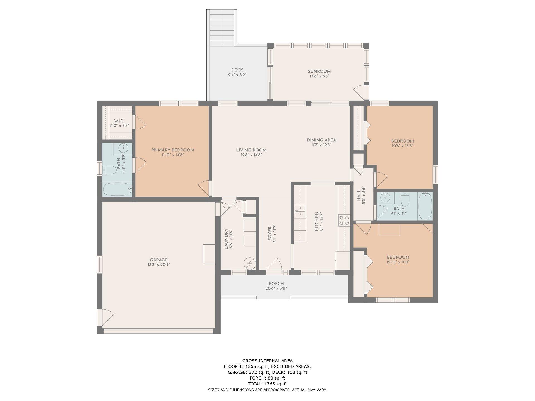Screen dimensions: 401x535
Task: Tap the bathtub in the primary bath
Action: click(117, 189)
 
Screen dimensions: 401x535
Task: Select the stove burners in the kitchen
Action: click(344, 220)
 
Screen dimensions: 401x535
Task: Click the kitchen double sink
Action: click(300, 211)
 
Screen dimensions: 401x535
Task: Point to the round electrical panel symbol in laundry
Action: click(249, 263)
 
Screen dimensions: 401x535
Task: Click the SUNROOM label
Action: click(319, 71)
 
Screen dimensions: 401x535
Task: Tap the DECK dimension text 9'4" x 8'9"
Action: click(237, 75)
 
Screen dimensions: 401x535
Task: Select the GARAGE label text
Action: click(159, 260)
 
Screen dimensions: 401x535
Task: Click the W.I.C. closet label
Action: click(119, 121)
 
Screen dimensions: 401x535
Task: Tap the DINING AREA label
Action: click(321, 140)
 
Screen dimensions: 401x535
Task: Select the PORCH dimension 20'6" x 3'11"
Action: click(276, 288)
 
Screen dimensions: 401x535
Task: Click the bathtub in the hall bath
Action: click(425, 206)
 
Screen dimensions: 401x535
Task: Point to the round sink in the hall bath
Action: click(386, 198)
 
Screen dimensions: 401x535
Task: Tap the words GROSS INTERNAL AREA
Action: click(267, 361)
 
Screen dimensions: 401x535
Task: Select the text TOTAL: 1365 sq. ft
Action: click(267, 384)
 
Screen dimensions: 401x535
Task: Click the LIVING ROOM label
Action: click(251, 150)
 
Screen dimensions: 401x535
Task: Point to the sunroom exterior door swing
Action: click(359, 92)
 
